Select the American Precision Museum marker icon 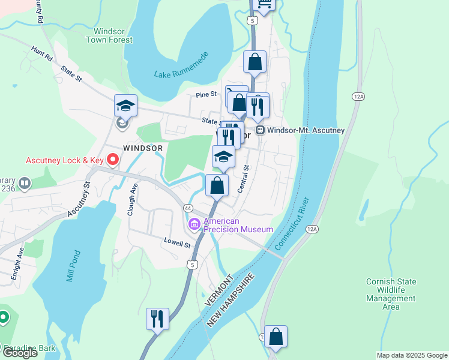click(x=194, y=225)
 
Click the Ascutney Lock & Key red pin click(x=112, y=160)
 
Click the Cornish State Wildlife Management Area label click(x=391, y=294)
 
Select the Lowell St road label click(x=178, y=245)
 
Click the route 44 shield click(x=188, y=208)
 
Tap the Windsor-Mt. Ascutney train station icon click(x=260, y=130)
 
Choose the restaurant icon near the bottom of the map click(x=157, y=318)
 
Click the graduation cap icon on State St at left click(x=126, y=106)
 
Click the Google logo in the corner click(x=19, y=353)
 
